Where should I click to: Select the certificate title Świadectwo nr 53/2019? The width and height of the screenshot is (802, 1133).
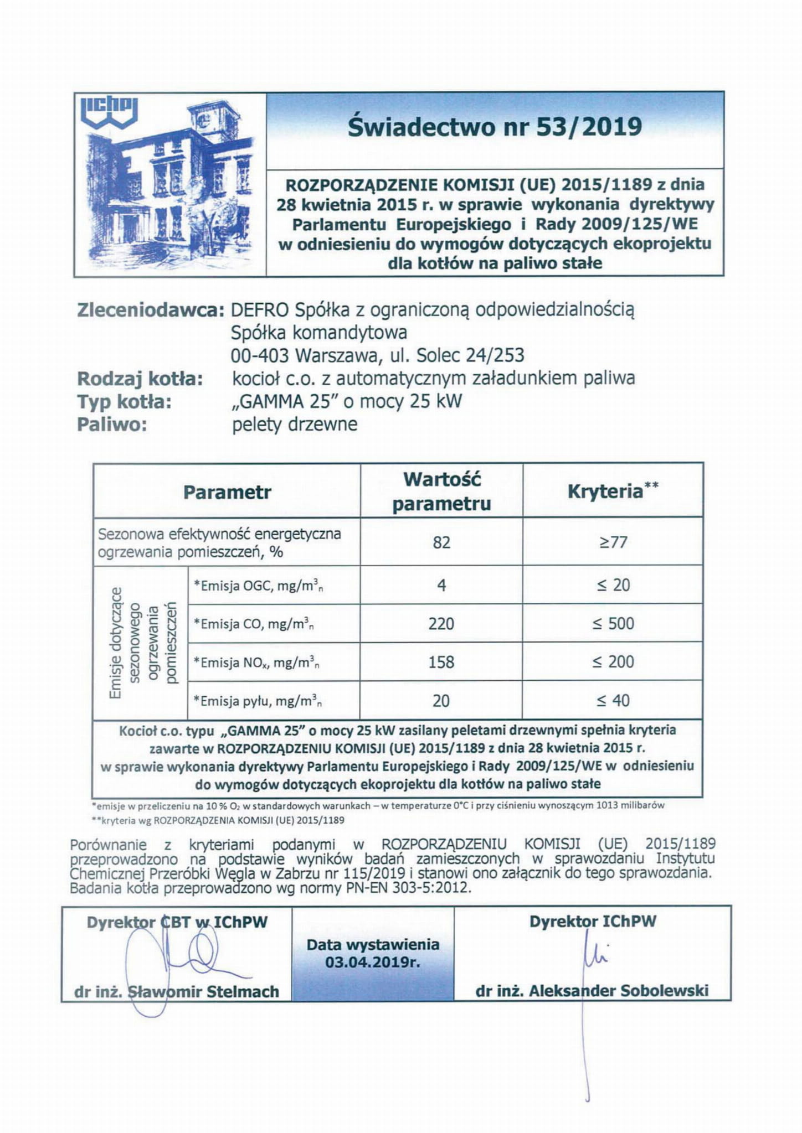tap(495, 127)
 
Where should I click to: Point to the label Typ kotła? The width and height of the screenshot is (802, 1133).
tap(124, 401)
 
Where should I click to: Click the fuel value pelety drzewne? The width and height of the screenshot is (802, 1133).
tap(295, 425)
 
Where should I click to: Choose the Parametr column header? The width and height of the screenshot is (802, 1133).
tap(227, 492)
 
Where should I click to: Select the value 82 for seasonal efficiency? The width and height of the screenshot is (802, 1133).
tap(441, 542)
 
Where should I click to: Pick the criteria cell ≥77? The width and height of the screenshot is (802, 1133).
tap(613, 542)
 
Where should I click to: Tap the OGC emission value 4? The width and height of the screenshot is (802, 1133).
tap(441, 585)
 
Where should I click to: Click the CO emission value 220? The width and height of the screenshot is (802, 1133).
tap(441, 624)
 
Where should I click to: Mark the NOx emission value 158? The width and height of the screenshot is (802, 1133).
tap(441, 662)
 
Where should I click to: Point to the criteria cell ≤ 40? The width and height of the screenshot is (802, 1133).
tap(613, 701)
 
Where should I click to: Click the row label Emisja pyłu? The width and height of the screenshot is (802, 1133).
tap(258, 701)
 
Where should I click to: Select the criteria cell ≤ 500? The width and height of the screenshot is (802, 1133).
tap(613, 624)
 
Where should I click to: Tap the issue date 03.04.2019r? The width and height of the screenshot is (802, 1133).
tap(373, 962)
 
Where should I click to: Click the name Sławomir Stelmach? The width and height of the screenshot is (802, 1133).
tap(203, 991)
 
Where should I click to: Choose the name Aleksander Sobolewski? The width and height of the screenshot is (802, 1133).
tap(618, 990)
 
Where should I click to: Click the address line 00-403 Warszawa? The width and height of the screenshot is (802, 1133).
tap(377, 355)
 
